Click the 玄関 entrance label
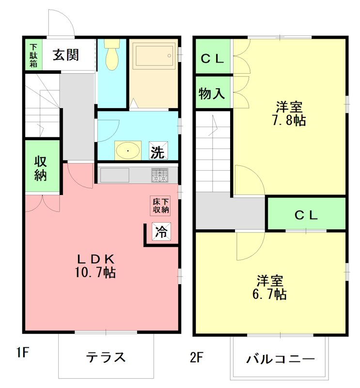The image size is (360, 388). click(65, 55)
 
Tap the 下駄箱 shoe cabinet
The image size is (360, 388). click(32, 54)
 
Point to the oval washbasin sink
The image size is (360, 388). click(128, 150)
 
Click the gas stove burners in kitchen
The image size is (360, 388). click(159, 175)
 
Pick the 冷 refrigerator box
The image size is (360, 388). click(161, 232)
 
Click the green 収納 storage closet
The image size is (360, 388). click(42, 167)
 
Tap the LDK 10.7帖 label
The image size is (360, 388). click(94, 265)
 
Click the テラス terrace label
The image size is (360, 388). click(106, 357)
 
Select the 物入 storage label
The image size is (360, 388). click(212, 94)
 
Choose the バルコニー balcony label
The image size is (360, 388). click(280, 359)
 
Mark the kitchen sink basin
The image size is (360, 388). click(115, 175)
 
